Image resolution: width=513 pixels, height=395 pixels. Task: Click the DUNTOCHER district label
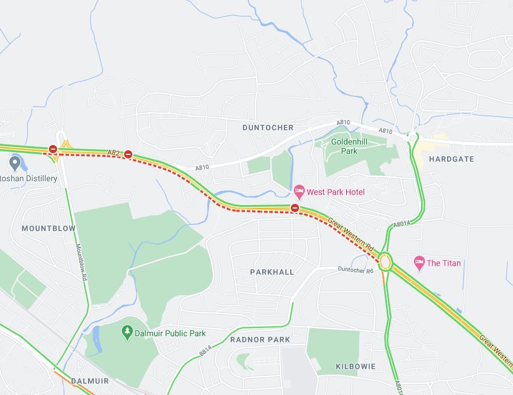(x=268, y=128)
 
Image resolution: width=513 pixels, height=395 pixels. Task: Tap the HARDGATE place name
(x=451, y=159)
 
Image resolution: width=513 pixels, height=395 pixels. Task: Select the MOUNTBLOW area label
(x=48, y=228)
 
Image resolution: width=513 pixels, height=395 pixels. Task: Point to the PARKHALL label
(x=272, y=272)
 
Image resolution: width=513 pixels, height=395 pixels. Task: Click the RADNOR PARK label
(x=260, y=340)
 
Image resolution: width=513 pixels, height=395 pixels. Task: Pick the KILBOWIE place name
(x=356, y=366)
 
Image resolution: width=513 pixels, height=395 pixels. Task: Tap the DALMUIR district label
(x=90, y=381)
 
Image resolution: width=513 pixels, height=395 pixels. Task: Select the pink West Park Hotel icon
(x=299, y=191)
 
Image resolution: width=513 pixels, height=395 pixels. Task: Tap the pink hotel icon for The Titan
(x=419, y=263)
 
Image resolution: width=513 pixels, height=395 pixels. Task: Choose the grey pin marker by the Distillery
(x=15, y=161)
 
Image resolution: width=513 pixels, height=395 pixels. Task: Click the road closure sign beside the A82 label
(x=128, y=155)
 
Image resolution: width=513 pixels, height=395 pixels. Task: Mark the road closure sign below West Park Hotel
(x=295, y=207)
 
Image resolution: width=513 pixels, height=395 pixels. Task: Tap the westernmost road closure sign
(x=53, y=149)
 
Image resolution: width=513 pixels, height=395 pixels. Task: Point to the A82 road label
(x=114, y=153)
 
